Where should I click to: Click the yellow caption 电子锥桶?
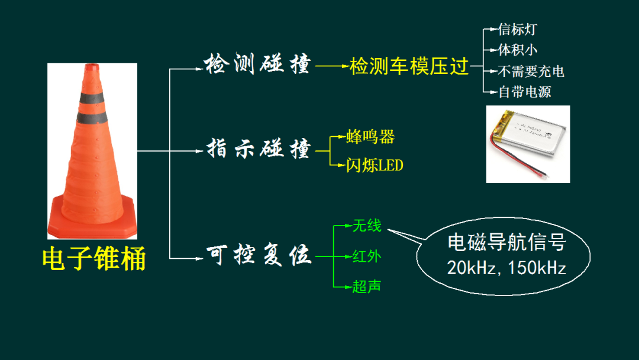tap(94, 259)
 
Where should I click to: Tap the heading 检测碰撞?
tap(257, 64)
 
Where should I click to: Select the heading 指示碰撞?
tap(259, 148)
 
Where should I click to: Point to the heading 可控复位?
tap(259, 255)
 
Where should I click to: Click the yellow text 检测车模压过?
tap(409, 66)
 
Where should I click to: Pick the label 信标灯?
tap(518, 30)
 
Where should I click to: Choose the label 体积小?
tap(518, 50)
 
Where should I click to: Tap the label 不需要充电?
tap(531, 71)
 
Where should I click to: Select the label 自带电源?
tap(524, 92)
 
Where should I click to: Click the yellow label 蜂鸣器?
tap(370, 137)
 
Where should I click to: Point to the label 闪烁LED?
tap(375, 165)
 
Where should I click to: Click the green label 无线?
tap(367, 226)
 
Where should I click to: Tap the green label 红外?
tap(367, 256)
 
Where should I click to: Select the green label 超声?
tap(367, 287)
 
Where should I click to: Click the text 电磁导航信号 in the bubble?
tap(507, 242)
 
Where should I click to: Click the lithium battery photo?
tap(528, 144)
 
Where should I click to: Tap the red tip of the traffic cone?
tap(92, 67)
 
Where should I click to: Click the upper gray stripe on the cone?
tap(91, 98)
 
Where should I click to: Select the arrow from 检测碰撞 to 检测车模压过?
tap(332, 66)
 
